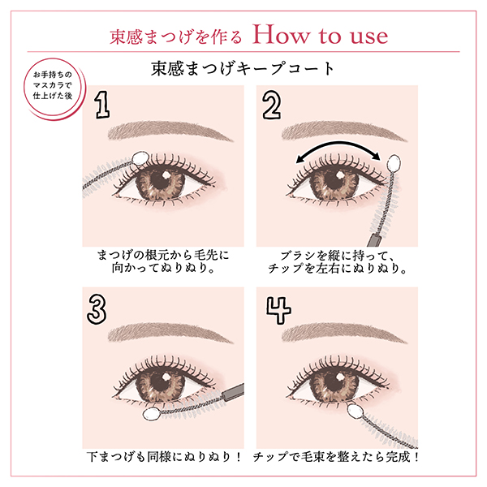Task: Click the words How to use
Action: (x=320, y=36)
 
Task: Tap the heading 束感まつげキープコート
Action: (x=243, y=67)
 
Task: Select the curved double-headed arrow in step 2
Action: (x=338, y=149)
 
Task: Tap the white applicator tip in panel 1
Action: (x=137, y=156)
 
